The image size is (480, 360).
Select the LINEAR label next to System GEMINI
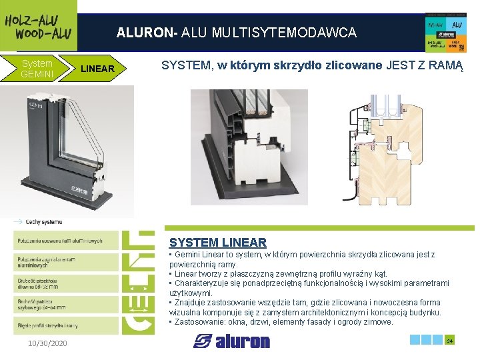pos(97,69)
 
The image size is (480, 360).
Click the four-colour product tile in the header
pos(445,32)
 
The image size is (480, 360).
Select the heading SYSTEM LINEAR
pos(217,243)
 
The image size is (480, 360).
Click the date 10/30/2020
pos(47,343)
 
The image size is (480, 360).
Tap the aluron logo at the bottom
pos(231,341)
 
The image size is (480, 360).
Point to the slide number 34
pos(449,341)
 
